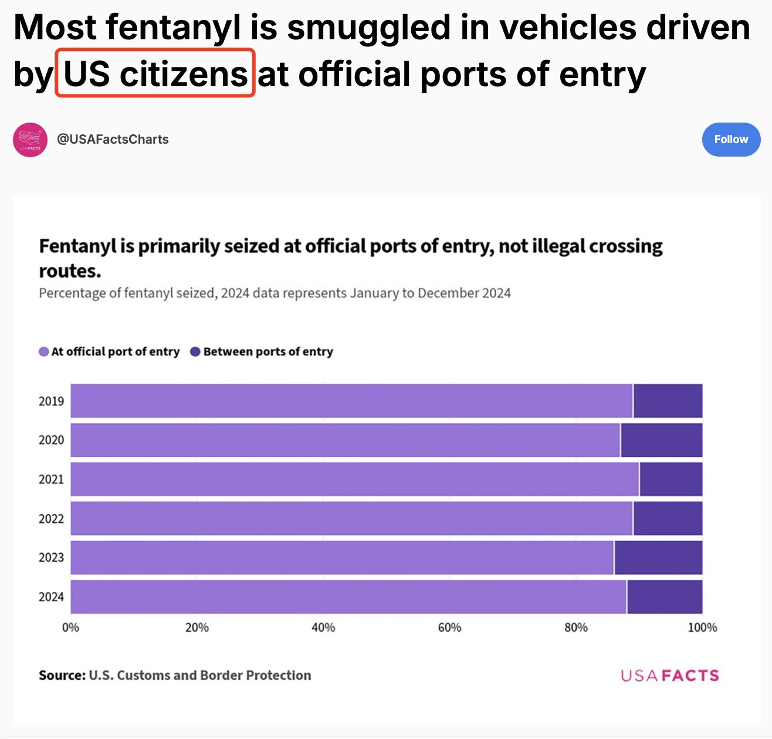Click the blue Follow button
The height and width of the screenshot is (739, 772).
point(731,140)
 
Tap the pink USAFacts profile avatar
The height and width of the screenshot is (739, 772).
point(30,140)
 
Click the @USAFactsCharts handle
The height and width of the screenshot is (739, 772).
point(113,140)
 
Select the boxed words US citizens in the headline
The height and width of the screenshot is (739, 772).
point(155,74)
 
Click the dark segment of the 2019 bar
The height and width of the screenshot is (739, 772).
point(668,401)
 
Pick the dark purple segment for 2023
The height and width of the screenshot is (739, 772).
point(658,558)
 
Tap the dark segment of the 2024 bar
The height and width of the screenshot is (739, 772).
point(665,597)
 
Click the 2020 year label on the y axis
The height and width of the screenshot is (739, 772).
point(51,440)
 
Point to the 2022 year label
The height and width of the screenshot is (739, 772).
point(51,519)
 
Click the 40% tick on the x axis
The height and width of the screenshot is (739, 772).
point(323,628)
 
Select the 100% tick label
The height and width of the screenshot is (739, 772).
point(702,628)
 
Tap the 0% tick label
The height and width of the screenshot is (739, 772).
point(70,628)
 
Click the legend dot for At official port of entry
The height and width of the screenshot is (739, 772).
point(44,352)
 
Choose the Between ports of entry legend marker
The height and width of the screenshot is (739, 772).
point(195,352)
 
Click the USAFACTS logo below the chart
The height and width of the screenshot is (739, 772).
point(669,676)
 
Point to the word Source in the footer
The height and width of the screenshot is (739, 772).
point(62,676)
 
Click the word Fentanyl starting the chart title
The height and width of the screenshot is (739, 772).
point(77,246)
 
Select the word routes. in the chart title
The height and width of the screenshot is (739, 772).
point(70,271)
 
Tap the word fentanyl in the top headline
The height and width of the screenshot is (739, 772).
point(174,28)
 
